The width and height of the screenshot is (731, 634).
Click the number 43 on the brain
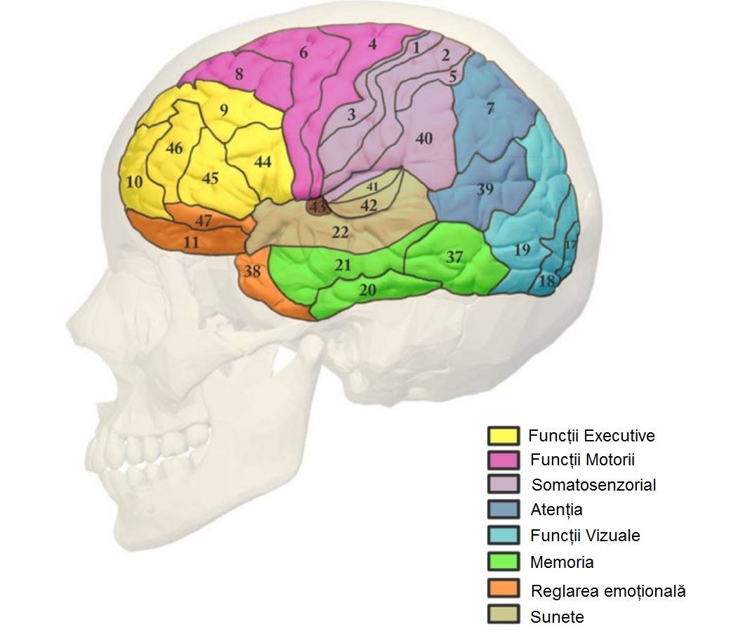click(x=318, y=207)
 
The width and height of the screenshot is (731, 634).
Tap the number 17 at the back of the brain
click(x=570, y=245)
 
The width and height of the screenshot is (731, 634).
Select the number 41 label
click(x=372, y=187)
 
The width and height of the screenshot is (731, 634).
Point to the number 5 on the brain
click(x=452, y=76)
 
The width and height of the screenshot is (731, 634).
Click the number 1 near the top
click(x=416, y=48)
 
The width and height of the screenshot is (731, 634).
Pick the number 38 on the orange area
click(x=252, y=271)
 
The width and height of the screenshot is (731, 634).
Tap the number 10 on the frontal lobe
click(x=135, y=182)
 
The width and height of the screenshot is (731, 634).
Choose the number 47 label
click(x=204, y=221)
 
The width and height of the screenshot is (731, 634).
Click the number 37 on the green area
click(x=455, y=257)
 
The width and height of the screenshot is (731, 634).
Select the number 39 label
click(x=485, y=190)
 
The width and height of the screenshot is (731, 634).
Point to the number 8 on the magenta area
click(x=239, y=75)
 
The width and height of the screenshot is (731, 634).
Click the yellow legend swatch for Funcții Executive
click(x=503, y=436)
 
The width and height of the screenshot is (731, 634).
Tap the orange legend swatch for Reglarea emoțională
click(x=503, y=589)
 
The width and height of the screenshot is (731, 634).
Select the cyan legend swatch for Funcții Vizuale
click(x=503, y=536)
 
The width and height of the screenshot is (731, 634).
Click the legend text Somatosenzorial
click(x=593, y=484)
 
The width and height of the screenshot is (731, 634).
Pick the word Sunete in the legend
click(x=557, y=617)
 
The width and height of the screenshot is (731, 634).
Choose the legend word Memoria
click(x=562, y=562)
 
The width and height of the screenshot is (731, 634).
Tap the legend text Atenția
click(x=556, y=510)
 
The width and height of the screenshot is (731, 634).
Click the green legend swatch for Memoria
click(x=503, y=562)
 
